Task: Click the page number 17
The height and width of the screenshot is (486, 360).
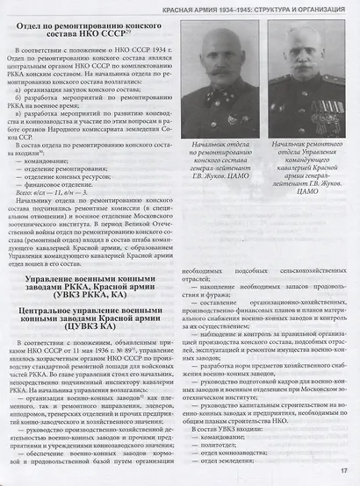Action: (x=346, y=475)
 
